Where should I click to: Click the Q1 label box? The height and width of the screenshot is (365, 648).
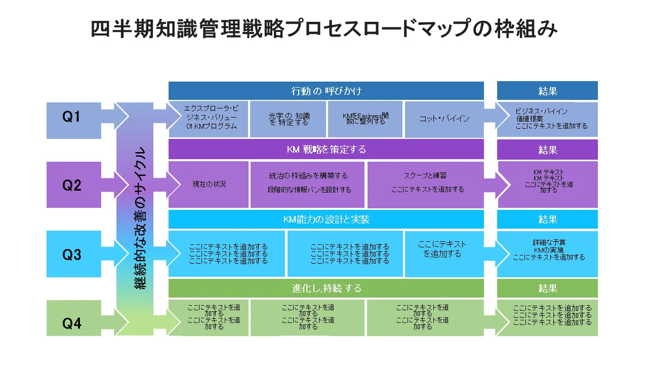pyautogui.click(x=71, y=117)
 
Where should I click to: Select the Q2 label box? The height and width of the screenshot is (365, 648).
pyautogui.click(x=71, y=186)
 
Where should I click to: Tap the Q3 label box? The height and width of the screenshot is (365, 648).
pyautogui.click(x=71, y=254)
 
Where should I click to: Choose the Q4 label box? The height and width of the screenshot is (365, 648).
pyautogui.click(x=71, y=323)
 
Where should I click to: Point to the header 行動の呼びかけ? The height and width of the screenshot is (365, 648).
pyautogui.click(x=326, y=91)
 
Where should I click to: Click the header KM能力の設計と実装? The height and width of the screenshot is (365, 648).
pyautogui.click(x=326, y=220)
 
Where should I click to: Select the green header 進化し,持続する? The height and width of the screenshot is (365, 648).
pyautogui.click(x=326, y=288)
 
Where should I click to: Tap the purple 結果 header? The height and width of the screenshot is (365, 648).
pyautogui.click(x=547, y=150)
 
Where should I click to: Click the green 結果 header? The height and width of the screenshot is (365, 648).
pyautogui.click(x=547, y=288)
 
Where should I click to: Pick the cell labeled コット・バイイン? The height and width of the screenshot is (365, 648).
pyautogui.click(x=444, y=119)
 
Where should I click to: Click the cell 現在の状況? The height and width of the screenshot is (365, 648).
pyautogui.click(x=209, y=185)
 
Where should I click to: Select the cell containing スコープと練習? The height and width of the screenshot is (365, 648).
pyautogui.click(x=427, y=182)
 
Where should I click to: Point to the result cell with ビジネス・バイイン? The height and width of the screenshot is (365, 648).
pyautogui.click(x=547, y=119)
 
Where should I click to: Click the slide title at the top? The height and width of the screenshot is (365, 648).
pyautogui.click(x=324, y=29)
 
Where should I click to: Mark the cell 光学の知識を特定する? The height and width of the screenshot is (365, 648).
pyautogui.click(x=289, y=119)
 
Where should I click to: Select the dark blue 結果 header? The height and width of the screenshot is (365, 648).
pyautogui.click(x=547, y=91)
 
